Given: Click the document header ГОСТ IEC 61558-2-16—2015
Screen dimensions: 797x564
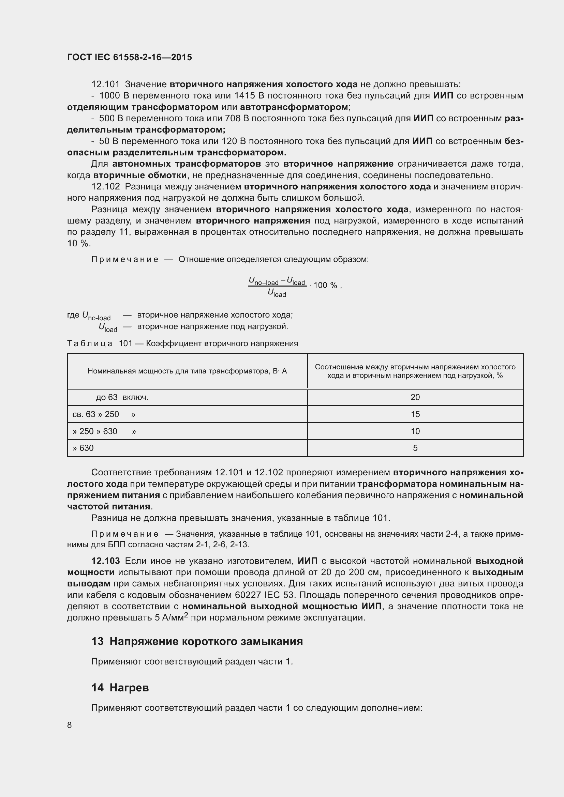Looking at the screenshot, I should coord(129,57).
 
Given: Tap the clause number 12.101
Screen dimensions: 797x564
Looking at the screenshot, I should coord(105,85).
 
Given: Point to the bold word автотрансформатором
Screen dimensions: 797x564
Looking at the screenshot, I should coord(294,107).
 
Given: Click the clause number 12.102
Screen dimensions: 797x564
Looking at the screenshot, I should coord(105,187).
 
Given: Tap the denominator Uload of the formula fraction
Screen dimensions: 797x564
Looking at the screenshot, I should coord(277,293).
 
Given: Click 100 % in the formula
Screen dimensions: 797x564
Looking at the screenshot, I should coord(325,285).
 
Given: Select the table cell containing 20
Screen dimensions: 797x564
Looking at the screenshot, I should coord(415,397).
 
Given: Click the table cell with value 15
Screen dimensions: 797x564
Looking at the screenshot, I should coord(415,414).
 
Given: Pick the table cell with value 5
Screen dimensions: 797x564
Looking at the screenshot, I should coord(415,448).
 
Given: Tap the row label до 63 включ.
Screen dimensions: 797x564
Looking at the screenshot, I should coord(122,397).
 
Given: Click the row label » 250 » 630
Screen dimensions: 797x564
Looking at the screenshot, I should coord(94,431).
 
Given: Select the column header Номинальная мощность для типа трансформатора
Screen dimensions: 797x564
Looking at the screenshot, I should coord(187,371).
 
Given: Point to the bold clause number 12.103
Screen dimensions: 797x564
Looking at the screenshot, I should coord(106,561).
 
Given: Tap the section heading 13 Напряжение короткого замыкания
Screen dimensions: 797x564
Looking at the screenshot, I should coord(197,642).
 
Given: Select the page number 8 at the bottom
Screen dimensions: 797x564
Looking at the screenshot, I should coord(70,725).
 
